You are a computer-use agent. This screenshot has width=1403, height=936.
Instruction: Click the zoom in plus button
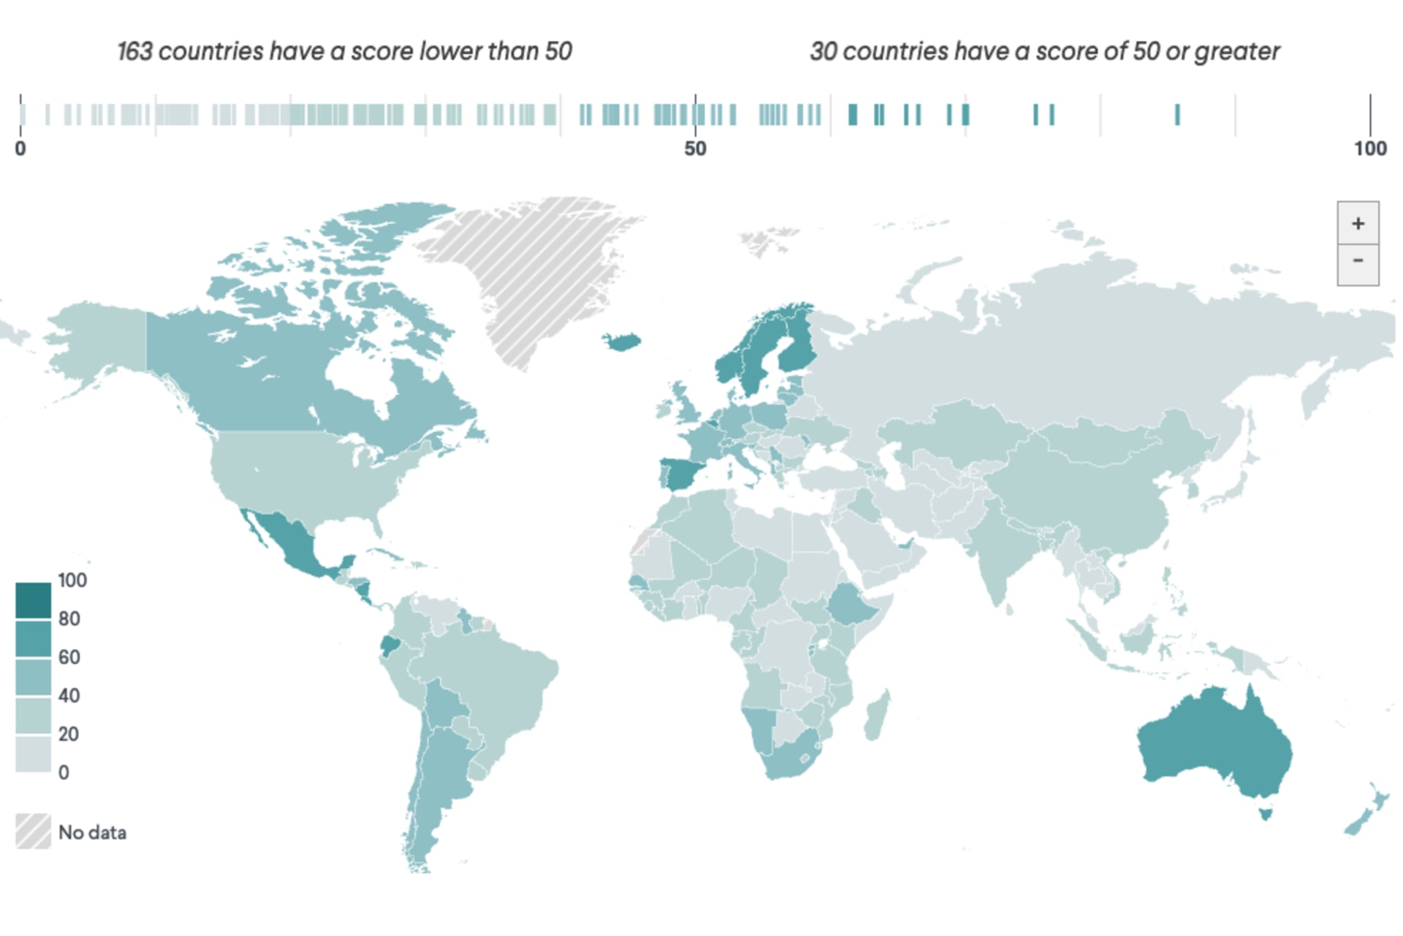(1358, 223)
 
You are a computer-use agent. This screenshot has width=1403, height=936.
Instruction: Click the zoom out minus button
(1358, 262)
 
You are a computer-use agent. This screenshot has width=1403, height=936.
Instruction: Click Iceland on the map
(622, 341)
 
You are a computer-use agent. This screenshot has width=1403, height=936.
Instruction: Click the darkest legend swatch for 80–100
(33, 600)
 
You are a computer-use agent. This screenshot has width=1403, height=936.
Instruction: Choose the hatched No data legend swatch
(33, 831)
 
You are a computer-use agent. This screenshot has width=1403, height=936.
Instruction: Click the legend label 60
(69, 657)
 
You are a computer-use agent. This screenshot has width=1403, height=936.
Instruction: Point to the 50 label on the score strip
(695, 149)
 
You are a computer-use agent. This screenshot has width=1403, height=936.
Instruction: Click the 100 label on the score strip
(1369, 149)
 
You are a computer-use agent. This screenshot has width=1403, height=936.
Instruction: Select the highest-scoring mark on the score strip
(1177, 115)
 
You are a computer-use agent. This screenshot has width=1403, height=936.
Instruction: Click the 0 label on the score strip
(20, 149)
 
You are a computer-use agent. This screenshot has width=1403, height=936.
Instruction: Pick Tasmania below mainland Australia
(1266, 812)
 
